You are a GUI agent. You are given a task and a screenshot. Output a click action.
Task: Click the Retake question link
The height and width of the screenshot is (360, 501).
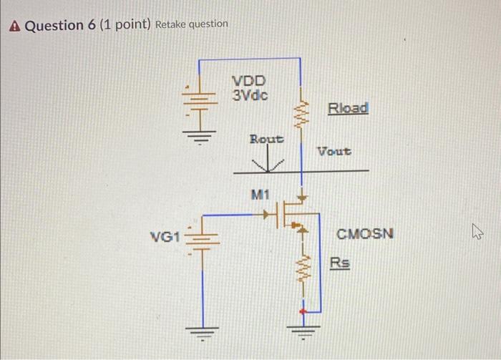pyautogui.click(x=192, y=24)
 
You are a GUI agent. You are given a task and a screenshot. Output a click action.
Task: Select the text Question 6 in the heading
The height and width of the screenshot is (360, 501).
pyautogui.click(x=63, y=25)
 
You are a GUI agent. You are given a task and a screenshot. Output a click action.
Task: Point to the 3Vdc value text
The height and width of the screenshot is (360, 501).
pyautogui.click(x=250, y=94)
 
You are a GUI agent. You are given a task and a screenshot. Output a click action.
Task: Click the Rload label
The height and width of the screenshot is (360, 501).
pyautogui.click(x=348, y=108)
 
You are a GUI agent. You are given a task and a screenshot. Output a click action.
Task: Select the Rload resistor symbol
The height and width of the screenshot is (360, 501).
pyautogui.click(x=301, y=112)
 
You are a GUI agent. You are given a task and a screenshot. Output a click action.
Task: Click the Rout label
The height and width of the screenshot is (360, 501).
pyautogui.click(x=266, y=138)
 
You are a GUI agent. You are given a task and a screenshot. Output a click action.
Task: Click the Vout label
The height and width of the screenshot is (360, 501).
pyautogui.click(x=334, y=152)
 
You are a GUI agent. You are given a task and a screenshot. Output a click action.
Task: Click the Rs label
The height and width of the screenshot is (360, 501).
pyautogui.click(x=340, y=263)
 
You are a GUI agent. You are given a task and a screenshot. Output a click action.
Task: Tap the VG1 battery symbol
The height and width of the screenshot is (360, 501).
pyautogui.click(x=198, y=238)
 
